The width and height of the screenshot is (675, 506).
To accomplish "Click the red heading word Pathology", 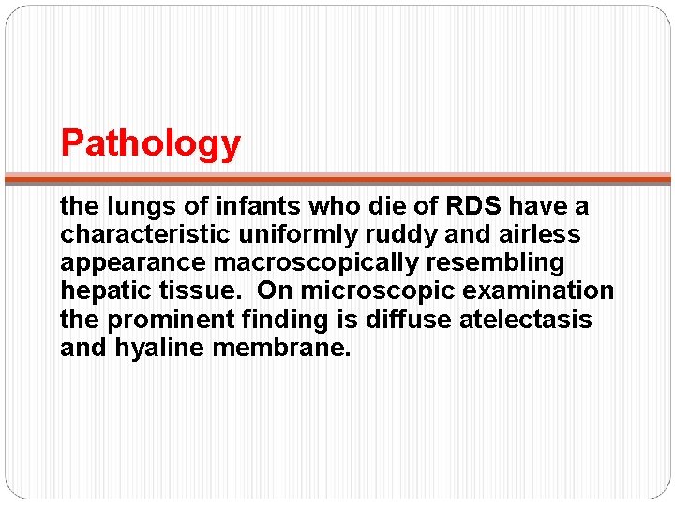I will (x=151, y=143).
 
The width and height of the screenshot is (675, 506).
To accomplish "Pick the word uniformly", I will (x=299, y=233).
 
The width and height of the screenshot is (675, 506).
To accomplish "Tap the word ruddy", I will (x=409, y=233).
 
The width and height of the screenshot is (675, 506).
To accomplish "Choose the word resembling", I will (x=506, y=262).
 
